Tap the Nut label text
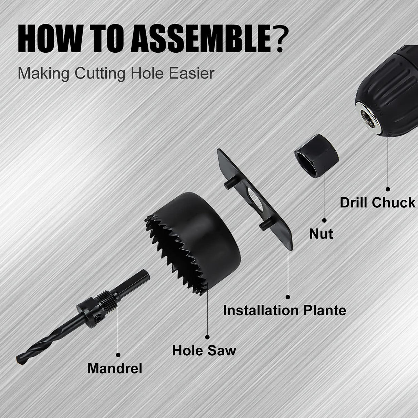pos(321,234)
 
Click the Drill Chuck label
pos(378,202)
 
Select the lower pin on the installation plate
pos(264,224)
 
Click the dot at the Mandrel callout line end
pos(118,354)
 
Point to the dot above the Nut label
pos(324,220)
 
